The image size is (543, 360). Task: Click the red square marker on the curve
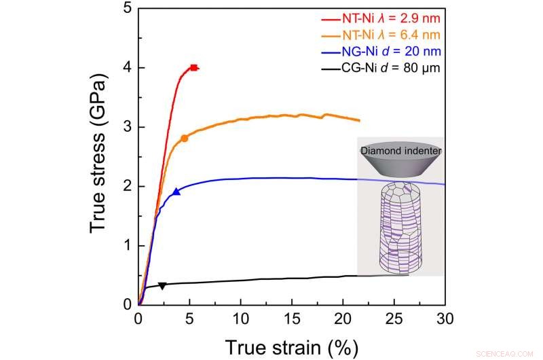click(x=194, y=68)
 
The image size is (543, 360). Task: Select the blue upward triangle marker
click(x=176, y=192)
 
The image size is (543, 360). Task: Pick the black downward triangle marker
click(x=162, y=286)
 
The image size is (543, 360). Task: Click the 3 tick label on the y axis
click(x=127, y=127)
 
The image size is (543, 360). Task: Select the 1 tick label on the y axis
click(x=127, y=245)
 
